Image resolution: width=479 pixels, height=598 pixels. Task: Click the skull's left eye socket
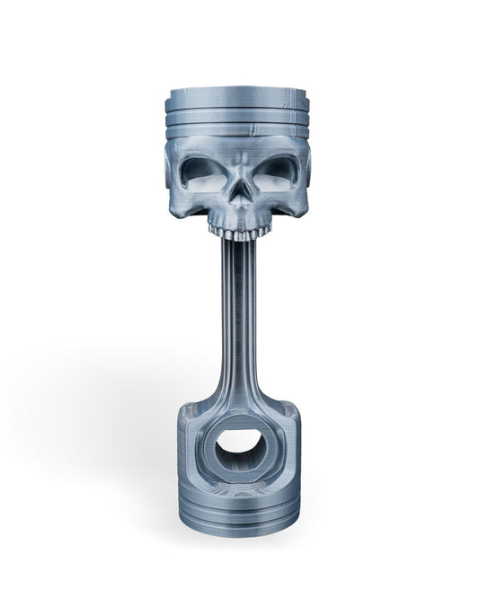[199, 171]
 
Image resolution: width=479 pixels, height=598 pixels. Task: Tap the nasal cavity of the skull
[237, 195]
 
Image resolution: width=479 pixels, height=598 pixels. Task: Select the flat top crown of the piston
[237, 94]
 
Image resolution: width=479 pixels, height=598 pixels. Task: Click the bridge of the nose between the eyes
[237, 175]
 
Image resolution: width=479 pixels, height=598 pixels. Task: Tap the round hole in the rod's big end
[238, 443]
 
